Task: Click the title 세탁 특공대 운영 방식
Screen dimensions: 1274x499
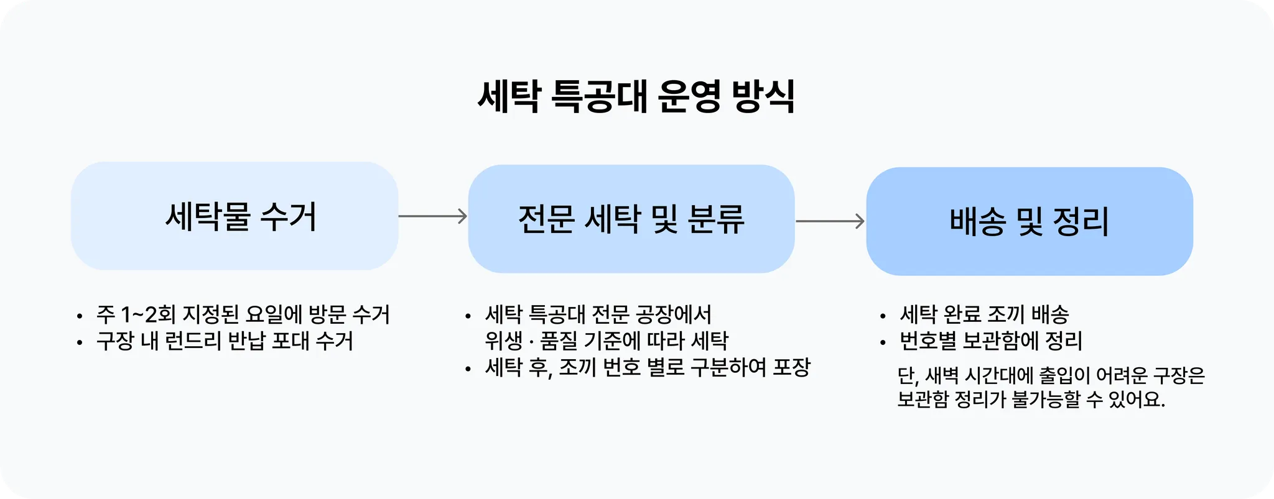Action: [636, 96]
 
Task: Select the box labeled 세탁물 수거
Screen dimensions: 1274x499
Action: [235, 216]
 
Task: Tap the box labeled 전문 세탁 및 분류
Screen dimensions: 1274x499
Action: [631, 219]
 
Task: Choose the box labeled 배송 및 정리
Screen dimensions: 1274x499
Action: [1030, 221]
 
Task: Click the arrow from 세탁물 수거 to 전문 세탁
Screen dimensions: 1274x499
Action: [433, 216]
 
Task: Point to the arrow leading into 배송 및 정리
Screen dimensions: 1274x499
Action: [830, 221]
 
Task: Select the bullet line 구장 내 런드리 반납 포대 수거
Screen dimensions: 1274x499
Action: [225, 341]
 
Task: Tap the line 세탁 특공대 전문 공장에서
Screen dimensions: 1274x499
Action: [598, 314]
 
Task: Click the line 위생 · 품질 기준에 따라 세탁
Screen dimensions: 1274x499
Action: [607, 341]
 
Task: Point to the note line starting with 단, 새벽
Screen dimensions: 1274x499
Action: [1051, 375]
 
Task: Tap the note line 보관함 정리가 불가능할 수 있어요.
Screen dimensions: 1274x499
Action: [1031, 399]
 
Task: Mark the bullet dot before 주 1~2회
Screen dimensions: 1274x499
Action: [80, 316]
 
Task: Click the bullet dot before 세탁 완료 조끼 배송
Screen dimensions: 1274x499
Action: [883, 316]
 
